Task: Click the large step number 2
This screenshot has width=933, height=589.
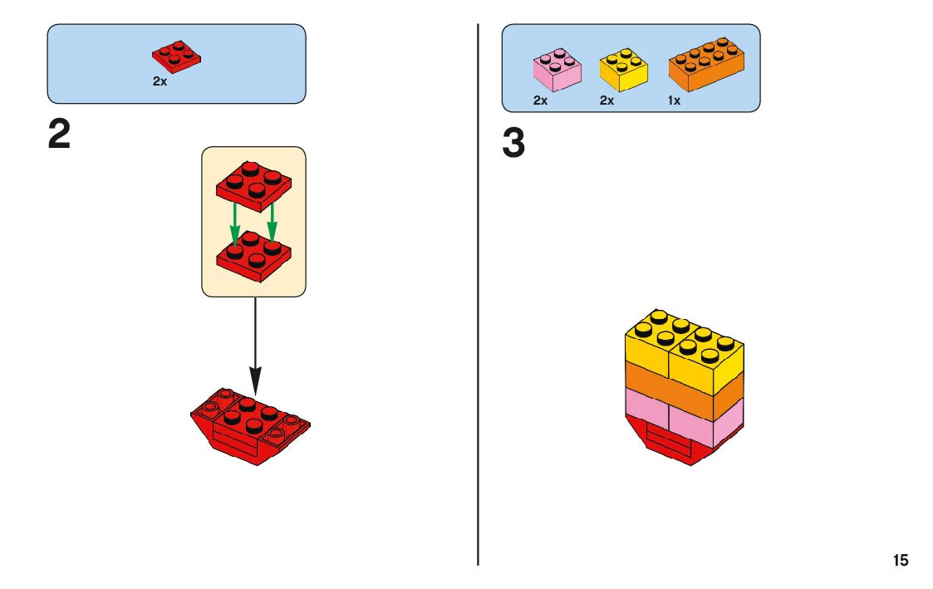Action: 59,135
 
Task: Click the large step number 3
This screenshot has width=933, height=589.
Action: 513,144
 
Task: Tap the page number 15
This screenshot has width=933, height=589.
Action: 901,561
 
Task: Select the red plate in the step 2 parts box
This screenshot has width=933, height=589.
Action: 177,56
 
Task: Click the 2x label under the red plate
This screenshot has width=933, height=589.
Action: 160,82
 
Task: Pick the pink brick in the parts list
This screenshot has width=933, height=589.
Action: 556,69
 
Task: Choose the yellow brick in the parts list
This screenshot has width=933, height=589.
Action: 624,70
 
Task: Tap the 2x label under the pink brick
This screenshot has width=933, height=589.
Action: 540,101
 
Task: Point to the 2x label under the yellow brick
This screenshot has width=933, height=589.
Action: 606,101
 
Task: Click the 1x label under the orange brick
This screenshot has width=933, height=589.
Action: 674,101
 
